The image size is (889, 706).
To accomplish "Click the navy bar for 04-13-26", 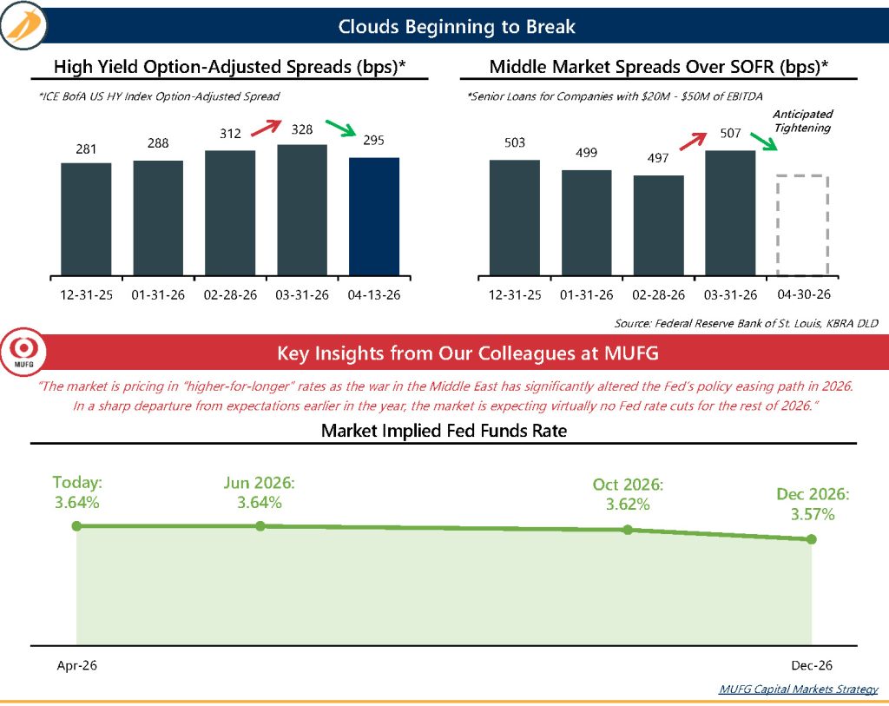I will pos(374,217).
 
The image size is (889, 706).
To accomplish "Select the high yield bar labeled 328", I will pos(302,210).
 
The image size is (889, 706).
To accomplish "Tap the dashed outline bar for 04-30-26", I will pos(803,226).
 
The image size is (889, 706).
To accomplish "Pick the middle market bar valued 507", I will pos(730,214).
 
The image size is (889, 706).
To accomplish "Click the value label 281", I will pos(86,149).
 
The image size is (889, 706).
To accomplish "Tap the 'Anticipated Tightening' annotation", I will pos(802,121).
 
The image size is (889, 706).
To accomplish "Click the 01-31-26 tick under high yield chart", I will pos(158,294).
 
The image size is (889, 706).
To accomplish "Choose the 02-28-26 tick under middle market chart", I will pos(658,294).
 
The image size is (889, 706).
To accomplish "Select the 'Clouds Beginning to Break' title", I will pos(457,27).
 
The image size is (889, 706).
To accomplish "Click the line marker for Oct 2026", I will pos(627,530).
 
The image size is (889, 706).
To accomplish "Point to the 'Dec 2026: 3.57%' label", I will pos(813,504).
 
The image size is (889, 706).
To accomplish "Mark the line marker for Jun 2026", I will pos(260,526).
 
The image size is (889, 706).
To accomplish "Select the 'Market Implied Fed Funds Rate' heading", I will pos(444,431).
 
